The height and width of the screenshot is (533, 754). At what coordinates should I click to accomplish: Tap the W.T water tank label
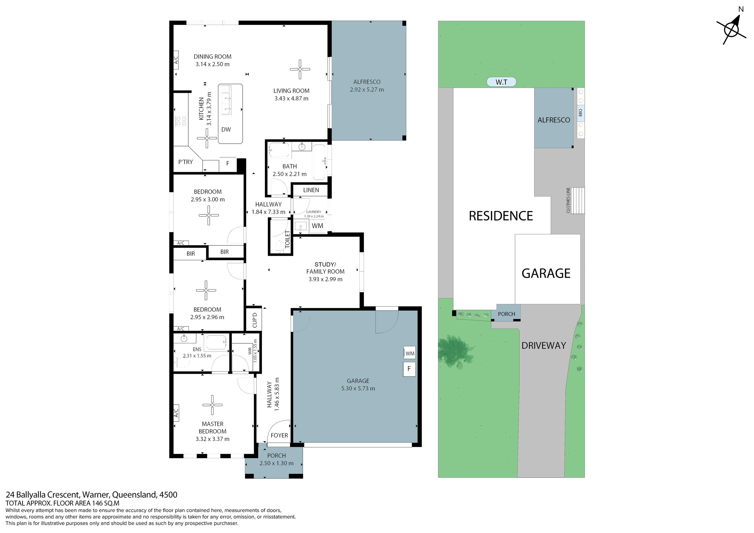click(x=501, y=82)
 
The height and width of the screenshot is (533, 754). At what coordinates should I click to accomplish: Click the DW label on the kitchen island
click(x=226, y=129)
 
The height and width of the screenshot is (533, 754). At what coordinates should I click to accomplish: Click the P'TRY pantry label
click(x=186, y=162)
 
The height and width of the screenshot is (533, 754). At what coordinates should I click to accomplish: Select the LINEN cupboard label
click(x=311, y=190)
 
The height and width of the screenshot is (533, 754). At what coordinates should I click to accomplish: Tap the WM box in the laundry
click(x=317, y=226)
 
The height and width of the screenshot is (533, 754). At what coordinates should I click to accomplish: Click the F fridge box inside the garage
click(x=409, y=369)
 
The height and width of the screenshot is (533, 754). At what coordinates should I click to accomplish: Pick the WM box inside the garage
click(x=410, y=353)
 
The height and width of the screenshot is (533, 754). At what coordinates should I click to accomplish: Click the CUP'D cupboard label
click(x=254, y=320)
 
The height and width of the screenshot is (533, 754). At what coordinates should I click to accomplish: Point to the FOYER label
click(x=279, y=435)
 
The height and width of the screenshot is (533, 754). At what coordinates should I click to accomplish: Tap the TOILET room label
click(x=287, y=239)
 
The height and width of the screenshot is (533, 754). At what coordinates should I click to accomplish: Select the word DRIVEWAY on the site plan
click(x=544, y=346)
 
